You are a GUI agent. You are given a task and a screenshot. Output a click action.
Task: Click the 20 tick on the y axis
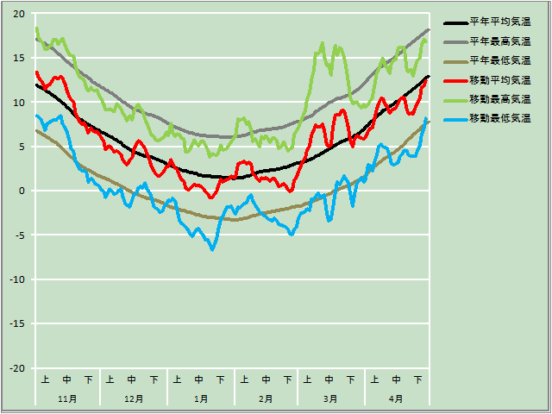[x=20, y=14]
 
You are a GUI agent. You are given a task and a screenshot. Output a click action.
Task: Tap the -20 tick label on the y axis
[x=18, y=368]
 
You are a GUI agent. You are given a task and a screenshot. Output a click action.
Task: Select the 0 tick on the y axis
[x=22, y=191]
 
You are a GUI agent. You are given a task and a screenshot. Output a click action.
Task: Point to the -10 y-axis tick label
[x=18, y=279]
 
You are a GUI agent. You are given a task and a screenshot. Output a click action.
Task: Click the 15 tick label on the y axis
[x=20, y=58]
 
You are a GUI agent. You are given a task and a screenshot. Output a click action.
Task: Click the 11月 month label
[x=67, y=398]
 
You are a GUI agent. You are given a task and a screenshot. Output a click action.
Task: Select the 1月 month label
[x=199, y=398]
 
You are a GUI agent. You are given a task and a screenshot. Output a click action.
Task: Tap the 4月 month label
[x=396, y=398]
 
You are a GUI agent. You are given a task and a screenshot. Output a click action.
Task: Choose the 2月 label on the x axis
[x=266, y=398]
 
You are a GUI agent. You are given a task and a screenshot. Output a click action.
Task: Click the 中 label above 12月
[x=132, y=379]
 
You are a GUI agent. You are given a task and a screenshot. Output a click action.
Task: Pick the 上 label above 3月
[x=308, y=379]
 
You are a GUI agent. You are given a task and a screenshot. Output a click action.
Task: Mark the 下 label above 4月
[x=418, y=379]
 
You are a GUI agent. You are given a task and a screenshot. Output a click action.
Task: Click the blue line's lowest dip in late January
[x=212, y=249]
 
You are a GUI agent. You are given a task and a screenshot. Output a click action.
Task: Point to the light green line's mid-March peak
[x=323, y=43]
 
